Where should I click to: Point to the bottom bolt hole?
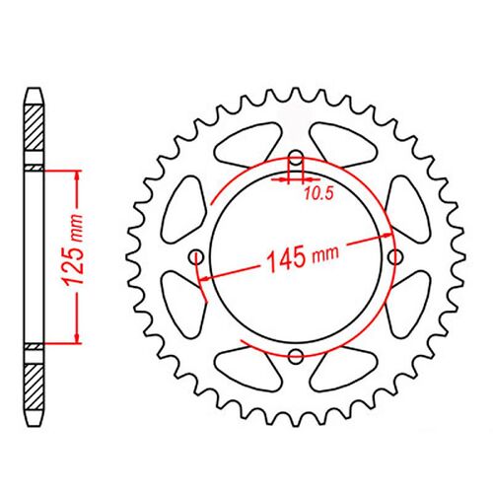click(296, 353)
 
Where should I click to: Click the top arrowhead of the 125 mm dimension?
click(75, 175)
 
